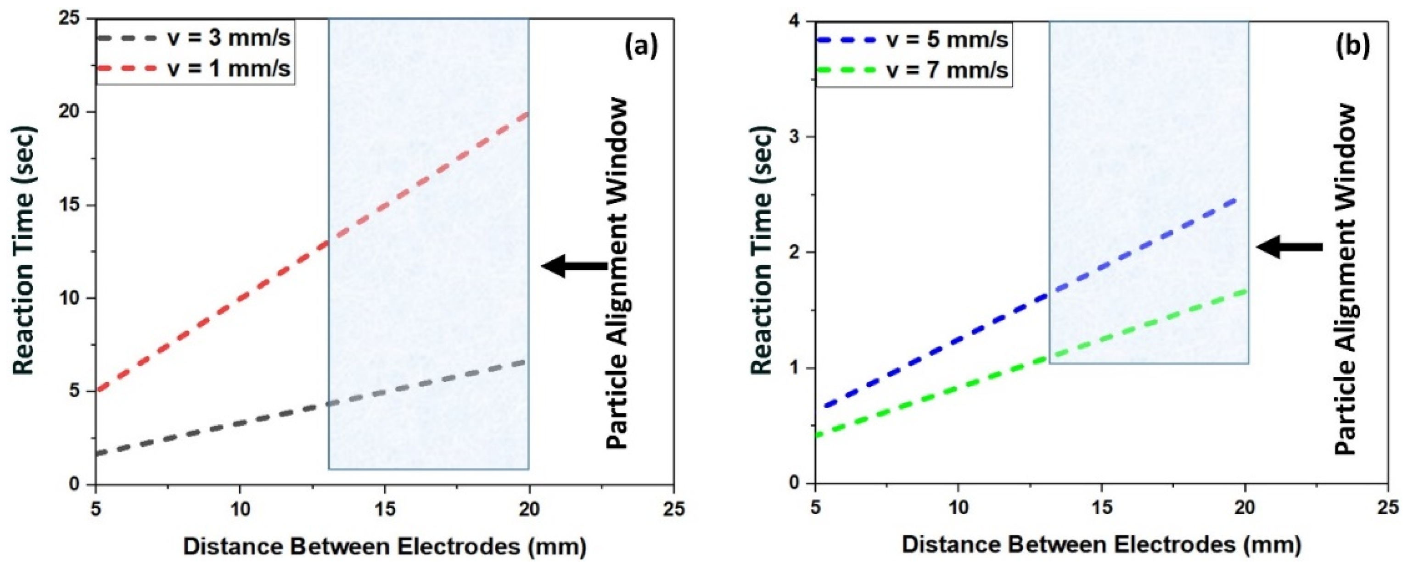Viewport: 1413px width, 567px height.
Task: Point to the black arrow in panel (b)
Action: [1289, 247]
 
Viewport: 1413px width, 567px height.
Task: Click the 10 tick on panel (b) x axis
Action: [958, 508]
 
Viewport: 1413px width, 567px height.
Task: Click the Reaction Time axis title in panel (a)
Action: [24, 250]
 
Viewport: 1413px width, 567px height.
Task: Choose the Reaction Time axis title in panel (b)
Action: [763, 251]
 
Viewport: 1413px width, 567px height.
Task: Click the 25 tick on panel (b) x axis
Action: [1388, 508]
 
